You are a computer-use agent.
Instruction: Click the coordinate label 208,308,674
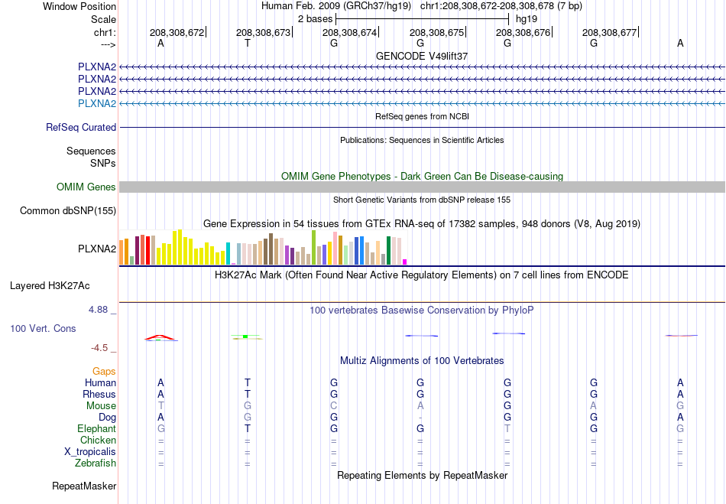pyautogui.click(x=349, y=32)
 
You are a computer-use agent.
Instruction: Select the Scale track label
pyautogui.click(x=103, y=19)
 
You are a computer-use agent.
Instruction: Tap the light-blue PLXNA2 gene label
pyautogui.click(x=97, y=103)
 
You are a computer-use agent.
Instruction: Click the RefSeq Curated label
pyautogui.click(x=81, y=128)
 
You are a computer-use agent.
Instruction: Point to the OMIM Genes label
pyautogui.click(x=86, y=187)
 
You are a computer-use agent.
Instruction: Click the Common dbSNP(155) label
pyautogui.click(x=68, y=211)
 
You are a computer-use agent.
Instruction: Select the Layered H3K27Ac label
pyautogui.click(x=50, y=286)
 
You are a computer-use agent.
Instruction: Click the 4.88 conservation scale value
pyautogui.click(x=98, y=310)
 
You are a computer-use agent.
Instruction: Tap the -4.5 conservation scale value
pyautogui.click(x=99, y=348)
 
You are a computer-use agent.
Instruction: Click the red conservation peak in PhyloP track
pyautogui.click(x=160, y=337)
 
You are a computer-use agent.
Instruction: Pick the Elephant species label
pyautogui.click(x=97, y=428)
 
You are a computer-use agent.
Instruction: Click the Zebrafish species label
pyautogui.click(x=96, y=463)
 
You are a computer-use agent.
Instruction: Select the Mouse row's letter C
pyautogui.click(x=334, y=406)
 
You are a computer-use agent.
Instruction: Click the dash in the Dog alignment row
pyautogui.click(x=420, y=418)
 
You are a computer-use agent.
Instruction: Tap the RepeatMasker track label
pyautogui.click(x=84, y=486)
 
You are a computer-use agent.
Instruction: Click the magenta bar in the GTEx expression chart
pyautogui.click(x=405, y=262)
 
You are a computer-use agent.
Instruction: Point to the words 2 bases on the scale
pyautogui.click(x=315, y=19)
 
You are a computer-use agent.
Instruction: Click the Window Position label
pyautogui.click(x=79, y=6)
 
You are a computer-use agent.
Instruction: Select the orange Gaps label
pyautogui.click(x=104, y=371)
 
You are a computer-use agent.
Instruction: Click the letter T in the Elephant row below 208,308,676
pyautogui.click(x=507, y=428)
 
